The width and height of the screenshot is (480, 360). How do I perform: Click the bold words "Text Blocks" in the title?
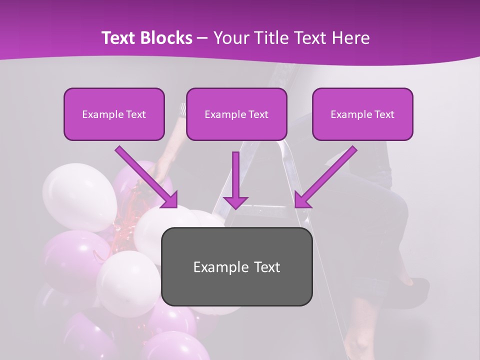pyautogui.click(x=147, y=38)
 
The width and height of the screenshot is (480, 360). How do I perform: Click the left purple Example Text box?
pyautogui.click(x=114, y=114)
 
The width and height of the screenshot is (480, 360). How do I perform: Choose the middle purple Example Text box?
pyautogui.click(x=236, y=114)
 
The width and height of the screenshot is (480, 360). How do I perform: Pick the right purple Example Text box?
pyautogui.click(x=362, y=114)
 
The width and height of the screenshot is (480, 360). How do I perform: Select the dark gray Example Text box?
pyautogui.click(x=236, y=266)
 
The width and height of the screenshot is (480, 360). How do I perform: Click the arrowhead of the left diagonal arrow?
pyautogui.click(x=169, y=199)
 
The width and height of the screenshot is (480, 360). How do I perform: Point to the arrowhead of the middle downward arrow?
pyautogui.click(x=235, y=201)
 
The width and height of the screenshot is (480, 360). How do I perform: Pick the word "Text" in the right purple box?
pyautogui.click(x=384, y=114)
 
